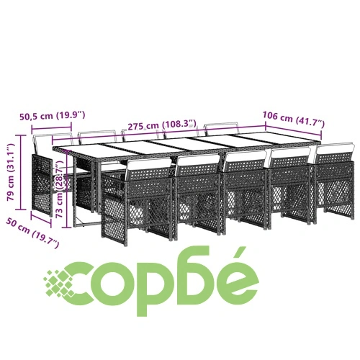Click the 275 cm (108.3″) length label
tap(162, 125)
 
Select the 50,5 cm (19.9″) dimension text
tap(53, 115)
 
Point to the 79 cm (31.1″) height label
tap(11, 172)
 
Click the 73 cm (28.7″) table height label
tap(60, 189)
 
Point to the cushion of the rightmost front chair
tap(335, 148)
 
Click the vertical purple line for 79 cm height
tap(21, 172)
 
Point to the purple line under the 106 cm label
tap(293, 130)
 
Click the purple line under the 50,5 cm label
tap(52, 128)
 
